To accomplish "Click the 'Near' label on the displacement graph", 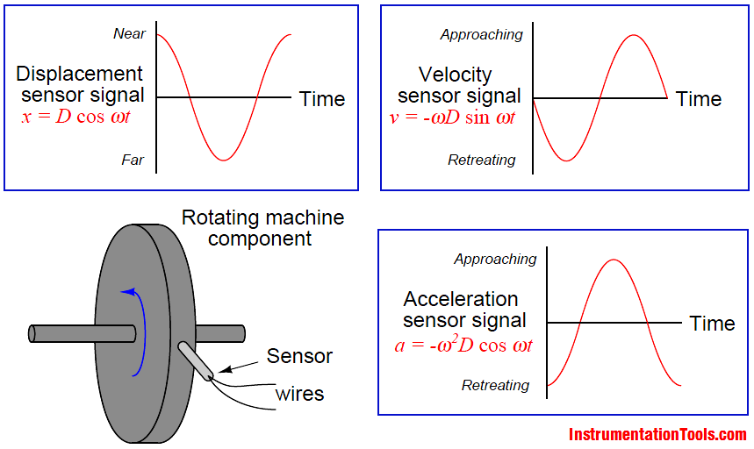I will [129, 34].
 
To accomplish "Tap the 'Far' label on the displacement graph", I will [133, 160].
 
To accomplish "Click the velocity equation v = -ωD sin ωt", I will [452, 117].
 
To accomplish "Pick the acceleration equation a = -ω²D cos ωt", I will [463, 345].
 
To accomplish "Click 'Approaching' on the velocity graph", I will [481, 35].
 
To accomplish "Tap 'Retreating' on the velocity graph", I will [481, 160].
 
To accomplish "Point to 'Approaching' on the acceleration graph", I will [495, 260].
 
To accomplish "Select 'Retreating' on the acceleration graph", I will [495, 385].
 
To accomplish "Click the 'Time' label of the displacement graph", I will [322, 98].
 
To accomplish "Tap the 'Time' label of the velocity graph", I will [699, 99].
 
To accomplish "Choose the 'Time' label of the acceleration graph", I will [712, 324].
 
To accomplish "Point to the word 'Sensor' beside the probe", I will [299, 356].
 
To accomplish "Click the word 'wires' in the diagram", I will [299, 393].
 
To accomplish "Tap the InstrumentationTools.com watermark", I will [657, 434].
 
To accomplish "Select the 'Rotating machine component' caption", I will [262, 227].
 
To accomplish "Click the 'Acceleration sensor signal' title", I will [463, 310].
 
